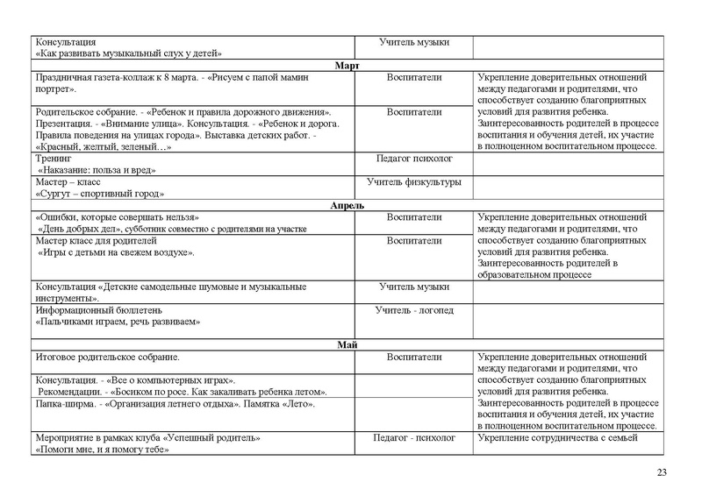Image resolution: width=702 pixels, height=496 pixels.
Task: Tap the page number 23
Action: tap(662, 473)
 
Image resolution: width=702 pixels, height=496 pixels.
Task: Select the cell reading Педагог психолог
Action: tap(413, 159)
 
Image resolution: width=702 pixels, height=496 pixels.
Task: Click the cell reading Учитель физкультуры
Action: tap(413, 181)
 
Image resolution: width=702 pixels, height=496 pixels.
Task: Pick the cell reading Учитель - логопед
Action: tap(413, 310)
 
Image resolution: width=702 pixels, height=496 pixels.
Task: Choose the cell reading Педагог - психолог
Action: tap(414, 437)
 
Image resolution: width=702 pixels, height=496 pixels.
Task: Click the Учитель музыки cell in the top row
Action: tap(413, 42)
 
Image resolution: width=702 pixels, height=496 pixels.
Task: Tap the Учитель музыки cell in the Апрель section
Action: tap(413, 287)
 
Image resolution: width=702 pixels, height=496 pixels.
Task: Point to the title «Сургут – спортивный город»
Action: tap(100, 193)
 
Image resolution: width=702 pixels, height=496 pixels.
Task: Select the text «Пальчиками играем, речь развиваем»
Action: tap(118, 322)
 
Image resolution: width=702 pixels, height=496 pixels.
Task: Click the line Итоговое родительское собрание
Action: tap(107, 358)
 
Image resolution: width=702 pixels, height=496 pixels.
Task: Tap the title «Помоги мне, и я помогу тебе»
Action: tap(102, 449)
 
